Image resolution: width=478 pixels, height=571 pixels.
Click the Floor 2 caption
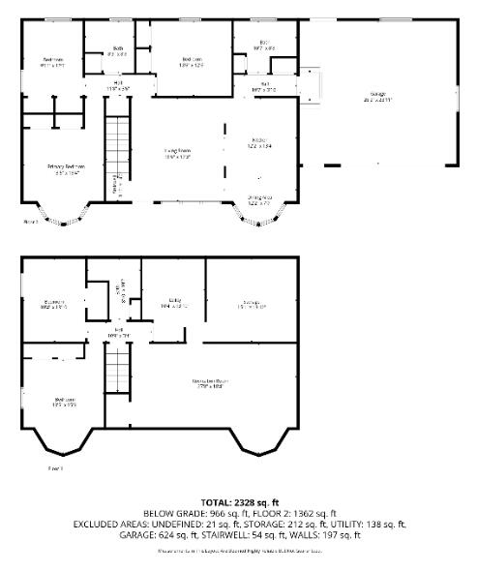pos(30,222)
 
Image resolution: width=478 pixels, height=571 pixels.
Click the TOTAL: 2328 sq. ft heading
pos(239,502)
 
